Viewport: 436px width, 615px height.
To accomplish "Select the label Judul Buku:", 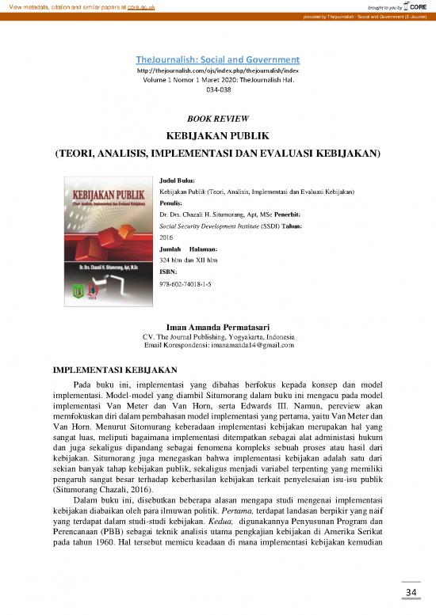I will (177, 181).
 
